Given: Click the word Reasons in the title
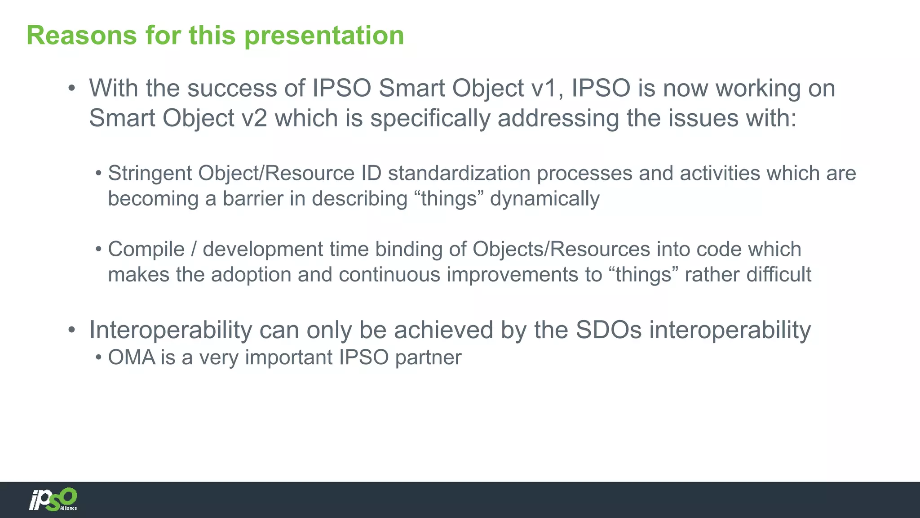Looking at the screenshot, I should (x=82, y=35).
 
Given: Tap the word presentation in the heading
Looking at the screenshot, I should (x=324, y=36).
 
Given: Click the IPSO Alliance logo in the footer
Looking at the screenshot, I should (x=53, y=500).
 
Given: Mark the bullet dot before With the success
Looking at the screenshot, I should (x=71, y=89).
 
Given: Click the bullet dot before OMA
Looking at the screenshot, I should (x=99, y=358).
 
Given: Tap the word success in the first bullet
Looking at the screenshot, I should (x=232, y=88).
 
